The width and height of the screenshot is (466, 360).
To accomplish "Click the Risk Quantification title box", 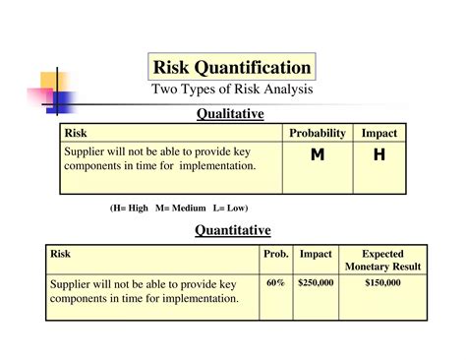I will tap(232, 67).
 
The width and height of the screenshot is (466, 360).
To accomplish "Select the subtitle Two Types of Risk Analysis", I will tap(232, 90).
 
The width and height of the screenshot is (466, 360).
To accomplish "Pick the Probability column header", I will tap(318, 133).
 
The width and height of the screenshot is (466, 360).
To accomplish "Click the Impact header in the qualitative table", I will tap(379, 133).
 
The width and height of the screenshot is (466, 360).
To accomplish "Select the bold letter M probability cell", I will tap(317, 155).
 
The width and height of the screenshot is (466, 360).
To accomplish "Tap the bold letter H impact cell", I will tap(379, 155).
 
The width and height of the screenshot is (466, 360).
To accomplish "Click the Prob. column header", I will tap(275, 254).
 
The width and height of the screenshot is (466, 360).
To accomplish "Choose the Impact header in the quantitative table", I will tap(316, 254).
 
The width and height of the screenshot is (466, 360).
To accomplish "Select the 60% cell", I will tap(275, 282).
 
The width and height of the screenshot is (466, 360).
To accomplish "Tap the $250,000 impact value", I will tap(316, 282).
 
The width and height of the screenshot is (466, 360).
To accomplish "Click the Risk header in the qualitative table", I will tap(75, 133).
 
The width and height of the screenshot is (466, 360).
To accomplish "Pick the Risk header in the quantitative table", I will tap(61, 254).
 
